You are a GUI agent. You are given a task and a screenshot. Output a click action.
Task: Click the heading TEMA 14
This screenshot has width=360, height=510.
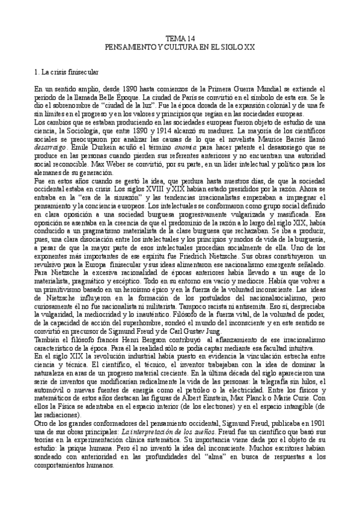(180, 38)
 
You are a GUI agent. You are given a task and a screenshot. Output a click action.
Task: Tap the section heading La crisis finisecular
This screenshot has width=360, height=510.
(67, 73)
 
